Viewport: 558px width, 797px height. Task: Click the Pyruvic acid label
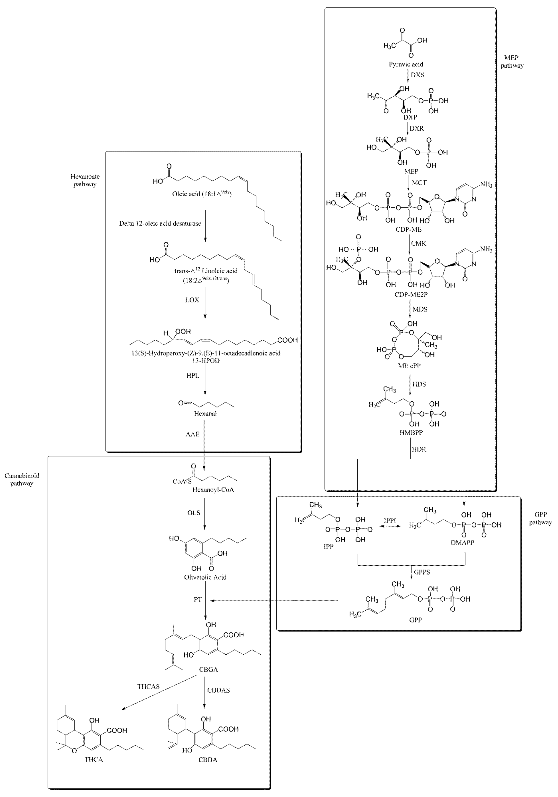[x=406, y=64]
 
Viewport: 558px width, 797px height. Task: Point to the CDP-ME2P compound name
[x=411, y=295]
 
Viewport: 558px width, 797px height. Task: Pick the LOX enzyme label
[x=192, y=300]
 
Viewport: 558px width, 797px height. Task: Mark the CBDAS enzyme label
[x=218, y=690]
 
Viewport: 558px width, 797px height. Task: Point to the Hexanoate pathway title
[x=85, y=180]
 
